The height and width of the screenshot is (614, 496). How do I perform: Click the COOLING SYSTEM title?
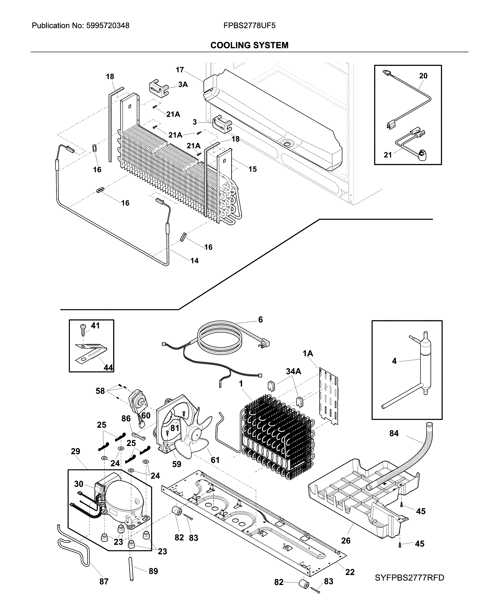pos(249,45)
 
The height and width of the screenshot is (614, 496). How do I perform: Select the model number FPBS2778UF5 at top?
pos(249,26)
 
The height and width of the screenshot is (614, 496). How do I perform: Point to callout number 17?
pos(180,70)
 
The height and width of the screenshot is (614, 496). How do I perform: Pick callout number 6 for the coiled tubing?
pos(260,319)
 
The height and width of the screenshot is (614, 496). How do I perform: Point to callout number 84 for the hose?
pos(394,433)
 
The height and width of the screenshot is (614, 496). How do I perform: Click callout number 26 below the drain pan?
pos(346,541)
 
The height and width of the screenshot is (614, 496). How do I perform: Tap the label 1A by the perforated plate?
pos(308,354)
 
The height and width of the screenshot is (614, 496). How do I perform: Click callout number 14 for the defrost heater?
pos(194,260)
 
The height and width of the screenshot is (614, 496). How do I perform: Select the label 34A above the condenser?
pos(293,371)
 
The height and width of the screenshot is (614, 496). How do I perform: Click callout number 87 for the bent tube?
pos(104,581)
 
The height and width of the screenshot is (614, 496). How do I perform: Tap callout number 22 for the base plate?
pos(350,572)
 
